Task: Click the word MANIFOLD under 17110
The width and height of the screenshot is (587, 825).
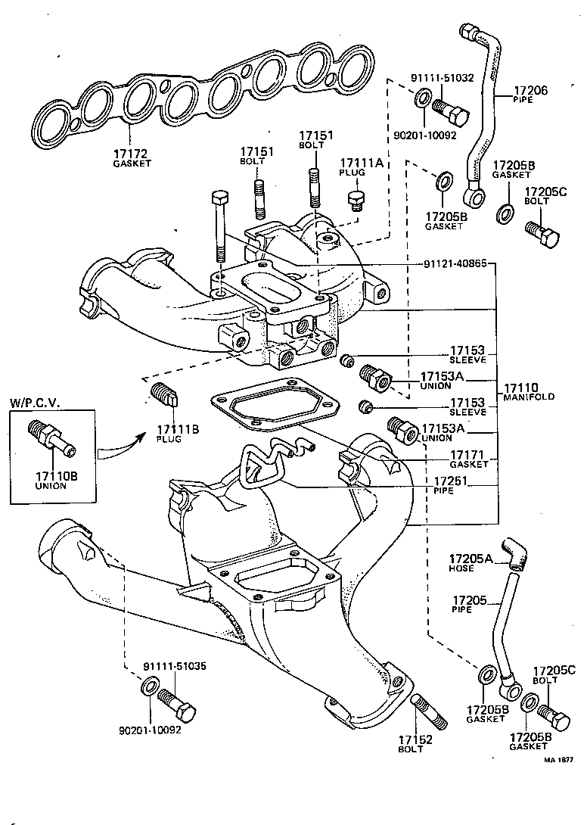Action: coord(530,397)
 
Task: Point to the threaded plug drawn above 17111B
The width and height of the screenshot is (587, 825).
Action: coord(163,395)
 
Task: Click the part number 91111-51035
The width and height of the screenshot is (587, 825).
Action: coord(174,666)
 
